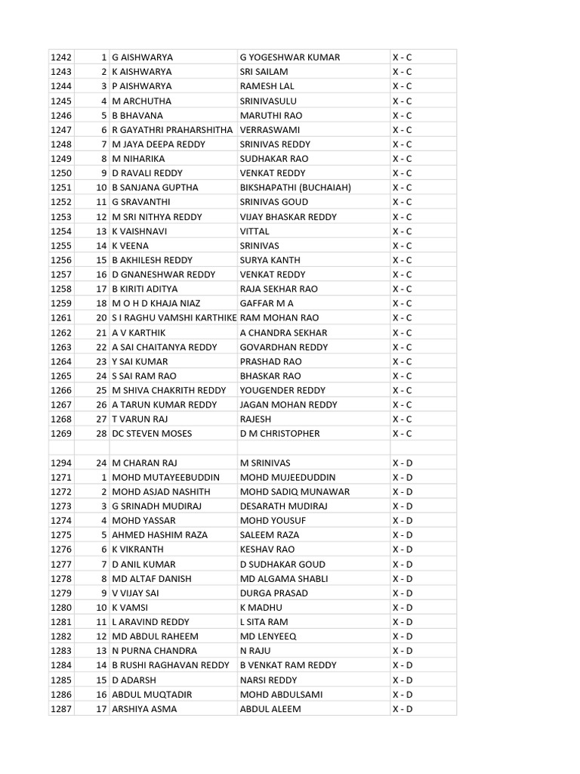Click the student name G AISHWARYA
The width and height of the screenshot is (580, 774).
coord(142,57)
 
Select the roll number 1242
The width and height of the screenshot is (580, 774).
coord(60,57)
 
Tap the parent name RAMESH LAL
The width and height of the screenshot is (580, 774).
coord(267,86)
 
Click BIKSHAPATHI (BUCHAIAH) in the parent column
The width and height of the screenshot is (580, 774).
coord(295,187)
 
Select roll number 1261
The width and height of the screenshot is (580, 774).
coord(60,318)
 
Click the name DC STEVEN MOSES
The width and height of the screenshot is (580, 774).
coord(152,434)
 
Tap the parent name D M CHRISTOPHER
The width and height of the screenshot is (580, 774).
coord(279,434)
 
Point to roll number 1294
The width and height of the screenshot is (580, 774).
coord(60,463)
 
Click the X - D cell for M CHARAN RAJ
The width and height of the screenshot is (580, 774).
coord(403,463)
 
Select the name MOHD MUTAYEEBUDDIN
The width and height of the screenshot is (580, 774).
coord(165,477)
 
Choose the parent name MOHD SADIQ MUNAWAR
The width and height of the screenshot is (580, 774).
coord(295,491)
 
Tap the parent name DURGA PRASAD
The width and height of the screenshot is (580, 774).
coord(274,593)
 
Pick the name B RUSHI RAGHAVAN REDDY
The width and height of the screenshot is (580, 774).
coord(171,665)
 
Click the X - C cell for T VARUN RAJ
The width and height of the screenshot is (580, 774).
coord(402,420)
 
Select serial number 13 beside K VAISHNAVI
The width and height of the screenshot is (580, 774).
coord(101,231)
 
